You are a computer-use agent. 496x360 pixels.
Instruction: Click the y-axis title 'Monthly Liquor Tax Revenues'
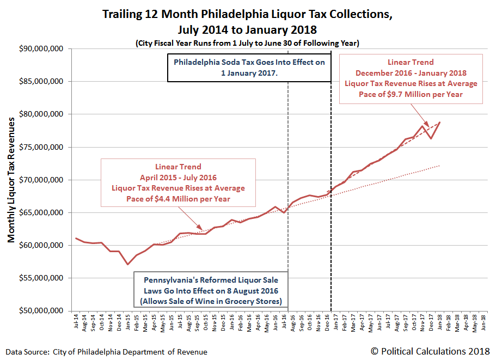point(11,180)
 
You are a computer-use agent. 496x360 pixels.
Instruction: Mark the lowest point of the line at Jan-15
point(128,264)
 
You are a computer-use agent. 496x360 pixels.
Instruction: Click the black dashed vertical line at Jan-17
point(331,191)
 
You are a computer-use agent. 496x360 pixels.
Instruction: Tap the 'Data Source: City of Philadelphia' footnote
point(107,352)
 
